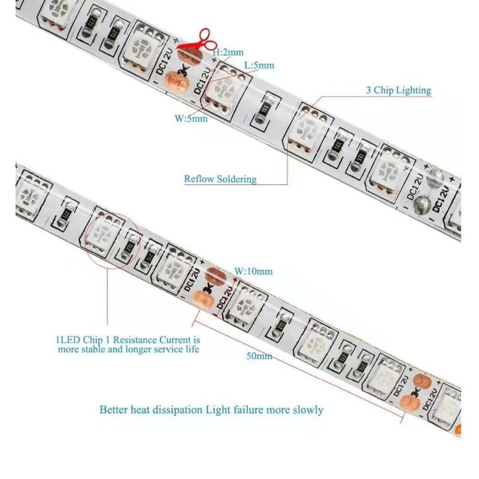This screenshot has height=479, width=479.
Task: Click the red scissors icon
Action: coord(198,40)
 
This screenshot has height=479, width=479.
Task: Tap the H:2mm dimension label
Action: coord(228,52)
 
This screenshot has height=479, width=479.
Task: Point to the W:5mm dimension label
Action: coord(191,118)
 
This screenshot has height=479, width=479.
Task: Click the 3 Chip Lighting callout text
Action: coord(398,90)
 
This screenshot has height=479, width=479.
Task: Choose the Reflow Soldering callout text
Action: coord(220,178)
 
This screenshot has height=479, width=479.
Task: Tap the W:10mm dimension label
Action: coord(253,271)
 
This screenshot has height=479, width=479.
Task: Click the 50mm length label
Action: coord(259,356)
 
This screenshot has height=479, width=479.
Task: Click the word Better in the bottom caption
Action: coord(113,410)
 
